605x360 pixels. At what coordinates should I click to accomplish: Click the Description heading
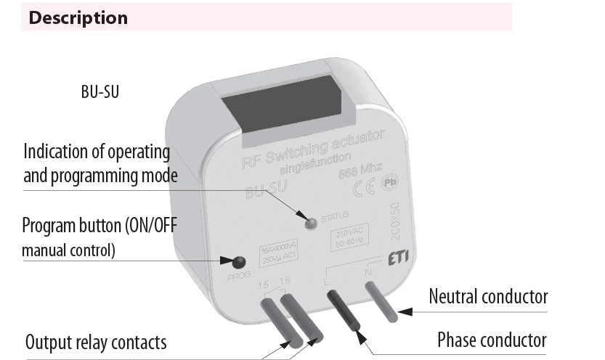(x=78, y=17)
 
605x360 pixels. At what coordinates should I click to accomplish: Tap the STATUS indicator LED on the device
(x=310, y=221)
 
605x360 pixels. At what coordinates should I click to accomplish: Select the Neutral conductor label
(x=488, y=296)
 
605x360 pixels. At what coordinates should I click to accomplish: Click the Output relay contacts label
(x=96, y=342)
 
